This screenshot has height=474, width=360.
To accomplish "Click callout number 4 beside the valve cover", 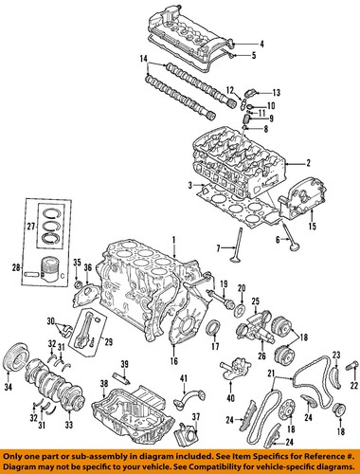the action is tap(261, 44).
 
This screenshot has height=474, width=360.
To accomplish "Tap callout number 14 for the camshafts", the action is tap(144, 59).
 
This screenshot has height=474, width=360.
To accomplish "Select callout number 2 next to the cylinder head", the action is tap(308, 163).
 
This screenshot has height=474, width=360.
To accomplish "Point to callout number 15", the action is tap(313, 227).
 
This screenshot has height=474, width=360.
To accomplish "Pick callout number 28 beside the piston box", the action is tap(16, 268).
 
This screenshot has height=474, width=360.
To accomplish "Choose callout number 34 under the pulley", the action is tap(9, 387).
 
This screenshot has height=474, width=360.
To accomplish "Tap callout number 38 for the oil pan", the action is tap(104, 384).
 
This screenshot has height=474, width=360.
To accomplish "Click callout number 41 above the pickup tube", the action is tap(184, 378).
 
